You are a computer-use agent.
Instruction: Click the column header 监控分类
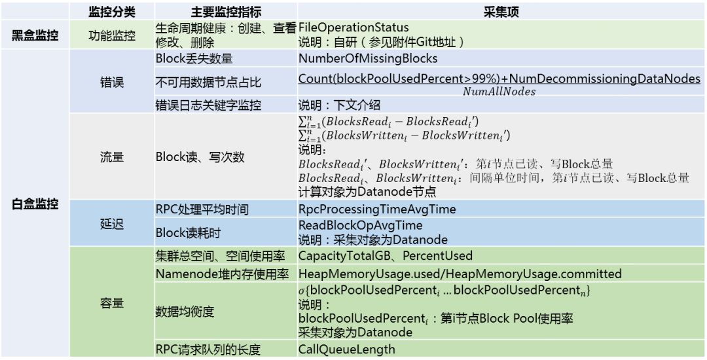click(x=111, y=12)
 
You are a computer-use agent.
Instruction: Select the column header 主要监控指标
click(x=226, y=12)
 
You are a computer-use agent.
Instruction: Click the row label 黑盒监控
click(x=35, y=35)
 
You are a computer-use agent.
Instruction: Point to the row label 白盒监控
click(x=35, y=204)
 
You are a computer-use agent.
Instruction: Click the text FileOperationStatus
click(x=353, y=27)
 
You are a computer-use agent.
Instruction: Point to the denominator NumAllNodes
click(x=499, y=92)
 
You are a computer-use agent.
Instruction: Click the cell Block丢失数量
click(x=194, y=59)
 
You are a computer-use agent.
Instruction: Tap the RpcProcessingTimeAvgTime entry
click(x=377, y=209)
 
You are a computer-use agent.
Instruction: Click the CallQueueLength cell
click(x=347, y=349)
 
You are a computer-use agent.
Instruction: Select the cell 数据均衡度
click(x=185, y=312)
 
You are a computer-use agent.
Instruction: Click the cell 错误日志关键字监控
click(x=208, y=105)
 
